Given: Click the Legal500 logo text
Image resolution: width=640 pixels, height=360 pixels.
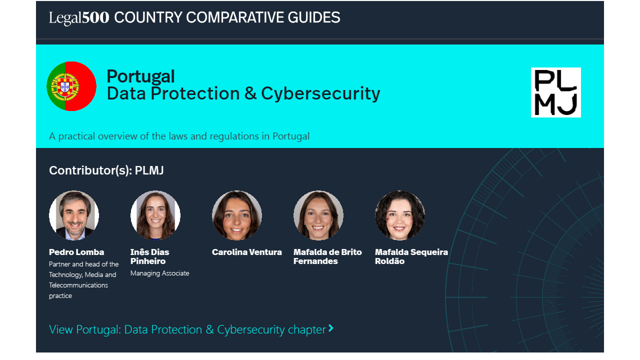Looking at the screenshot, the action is coord(79,17).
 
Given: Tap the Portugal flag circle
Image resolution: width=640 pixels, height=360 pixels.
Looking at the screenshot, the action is coord(71,86).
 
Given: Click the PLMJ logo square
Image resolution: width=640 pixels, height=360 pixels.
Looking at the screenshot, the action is coord(555,92).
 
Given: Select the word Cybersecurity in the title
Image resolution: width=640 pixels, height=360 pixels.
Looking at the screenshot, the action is coord(320,93).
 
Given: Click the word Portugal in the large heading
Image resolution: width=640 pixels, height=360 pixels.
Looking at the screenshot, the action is coord(140,76).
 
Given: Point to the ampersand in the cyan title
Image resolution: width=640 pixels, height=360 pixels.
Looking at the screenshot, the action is coord(250,93).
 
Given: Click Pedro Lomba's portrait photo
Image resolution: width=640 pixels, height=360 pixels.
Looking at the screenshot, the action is coord(74,215).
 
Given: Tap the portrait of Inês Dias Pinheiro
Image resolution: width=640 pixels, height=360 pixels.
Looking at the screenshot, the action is coord(155,215).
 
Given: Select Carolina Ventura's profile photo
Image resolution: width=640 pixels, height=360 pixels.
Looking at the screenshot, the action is coord(237,215).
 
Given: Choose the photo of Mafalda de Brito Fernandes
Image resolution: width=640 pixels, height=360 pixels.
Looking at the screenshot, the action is coord(318,215).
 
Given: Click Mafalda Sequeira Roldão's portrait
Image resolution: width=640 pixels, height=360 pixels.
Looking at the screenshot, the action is coord(399,215).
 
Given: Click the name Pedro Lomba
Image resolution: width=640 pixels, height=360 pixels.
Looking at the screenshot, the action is coord(76,252).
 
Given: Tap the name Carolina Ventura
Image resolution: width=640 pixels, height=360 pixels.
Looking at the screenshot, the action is coord(247,252).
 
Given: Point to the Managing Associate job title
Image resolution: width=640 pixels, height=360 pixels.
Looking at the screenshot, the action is coord(159,273).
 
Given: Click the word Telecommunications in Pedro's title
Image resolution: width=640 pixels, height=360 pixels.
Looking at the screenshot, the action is coord(78,285).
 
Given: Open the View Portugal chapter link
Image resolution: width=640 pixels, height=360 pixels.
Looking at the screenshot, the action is coord(187,329).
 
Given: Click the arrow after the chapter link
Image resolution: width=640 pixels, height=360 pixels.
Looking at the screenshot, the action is coord(331,328).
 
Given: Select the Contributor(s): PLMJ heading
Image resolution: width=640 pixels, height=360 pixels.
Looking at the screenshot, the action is coord(106,170).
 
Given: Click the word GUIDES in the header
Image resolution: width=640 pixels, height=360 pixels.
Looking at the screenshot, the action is coord(313,17).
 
